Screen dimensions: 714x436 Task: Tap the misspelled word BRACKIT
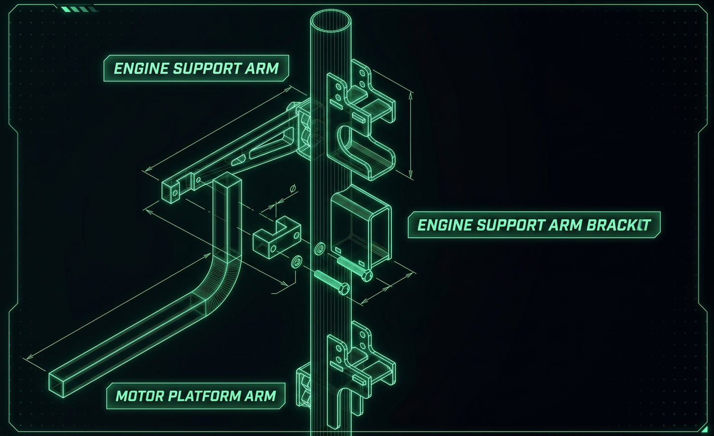[x=618, y=225]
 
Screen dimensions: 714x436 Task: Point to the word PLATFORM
[x=205, y=396]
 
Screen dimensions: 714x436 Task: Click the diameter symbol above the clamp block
[x=293, y=189]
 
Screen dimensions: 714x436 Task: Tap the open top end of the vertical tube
[x=331, y=20]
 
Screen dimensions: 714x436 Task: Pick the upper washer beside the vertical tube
[x=320, y=248]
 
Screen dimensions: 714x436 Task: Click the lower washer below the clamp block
[x=296, y=262]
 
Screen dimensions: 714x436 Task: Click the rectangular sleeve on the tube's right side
[x=361, y=228]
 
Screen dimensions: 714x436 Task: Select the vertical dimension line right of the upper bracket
[x=411, y=135]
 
